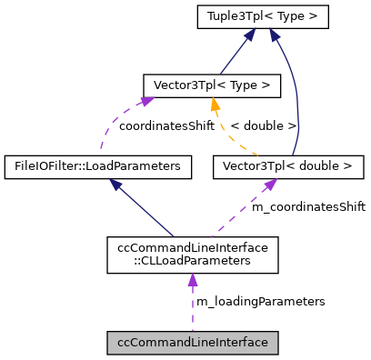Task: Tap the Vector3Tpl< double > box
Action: [287, 166]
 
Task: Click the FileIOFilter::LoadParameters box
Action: [98, 166]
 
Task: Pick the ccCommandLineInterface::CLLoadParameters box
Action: [192, 255]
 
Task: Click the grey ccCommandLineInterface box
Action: [192, 343]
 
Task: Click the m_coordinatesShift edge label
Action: [308, 207]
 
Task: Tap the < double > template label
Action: [264, 126]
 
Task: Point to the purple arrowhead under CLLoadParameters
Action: [192, 281]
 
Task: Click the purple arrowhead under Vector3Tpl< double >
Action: [270, 185]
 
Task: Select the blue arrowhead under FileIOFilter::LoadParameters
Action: [116, 184]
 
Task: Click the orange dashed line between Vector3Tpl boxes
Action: [235, 136]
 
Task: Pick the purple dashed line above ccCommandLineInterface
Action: [192, 314]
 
